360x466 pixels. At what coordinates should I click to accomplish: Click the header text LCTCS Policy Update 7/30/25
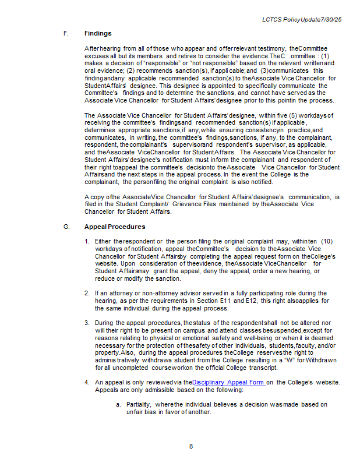(x=302, y=20)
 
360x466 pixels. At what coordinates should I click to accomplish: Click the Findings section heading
(x=98, y=33)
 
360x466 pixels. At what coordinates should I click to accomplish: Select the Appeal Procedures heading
(x=115, y=227)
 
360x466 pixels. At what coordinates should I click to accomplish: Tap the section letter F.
(x=66, y=33)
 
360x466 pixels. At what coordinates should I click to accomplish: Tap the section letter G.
(x=66, y=227)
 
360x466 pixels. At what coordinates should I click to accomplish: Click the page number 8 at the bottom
(x=191, y=447)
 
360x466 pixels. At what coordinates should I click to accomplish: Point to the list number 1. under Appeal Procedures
(x=87, y=241)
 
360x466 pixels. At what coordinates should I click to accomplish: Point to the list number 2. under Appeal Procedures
(x=87, y=293)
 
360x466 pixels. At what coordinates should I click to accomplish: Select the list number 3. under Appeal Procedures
(x=87, y=323)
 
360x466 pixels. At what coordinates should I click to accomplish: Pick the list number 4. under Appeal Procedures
(x=87, y=382)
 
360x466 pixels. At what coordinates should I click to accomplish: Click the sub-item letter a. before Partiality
(x=118, y=404)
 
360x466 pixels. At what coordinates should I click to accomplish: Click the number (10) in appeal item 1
(x=326, y=241)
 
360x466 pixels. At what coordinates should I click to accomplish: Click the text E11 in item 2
(x=239, y=301)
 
